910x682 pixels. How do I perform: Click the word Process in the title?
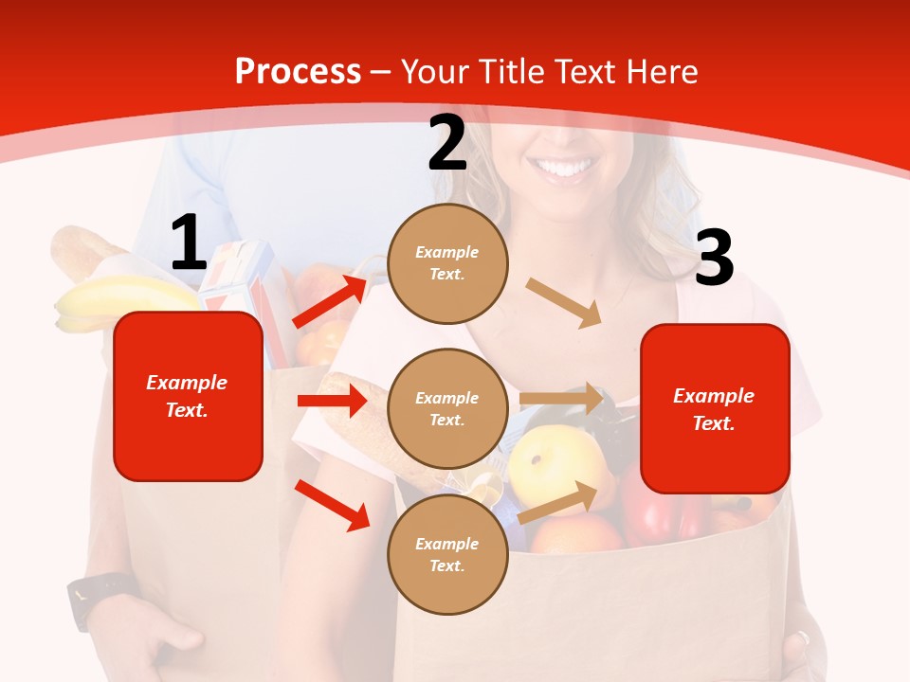pos(298,71)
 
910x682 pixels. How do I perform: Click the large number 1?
pos(189,242)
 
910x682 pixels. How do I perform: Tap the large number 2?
pos(447,143)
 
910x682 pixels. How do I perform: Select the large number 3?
pos(714,258)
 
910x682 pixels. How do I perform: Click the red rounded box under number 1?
pos(188,396)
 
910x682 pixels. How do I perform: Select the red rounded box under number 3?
pos(715,409)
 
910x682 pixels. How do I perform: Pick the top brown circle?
pos(447,263)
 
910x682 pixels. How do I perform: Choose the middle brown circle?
pos(447,409)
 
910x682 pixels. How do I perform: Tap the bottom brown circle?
pos(447,555)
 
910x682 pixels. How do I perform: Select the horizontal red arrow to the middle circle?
pos(332,401)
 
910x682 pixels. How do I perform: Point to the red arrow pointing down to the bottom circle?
pos(333,505)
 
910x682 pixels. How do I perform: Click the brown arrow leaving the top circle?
pos(564,303)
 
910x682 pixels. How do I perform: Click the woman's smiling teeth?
pos(565,170)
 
